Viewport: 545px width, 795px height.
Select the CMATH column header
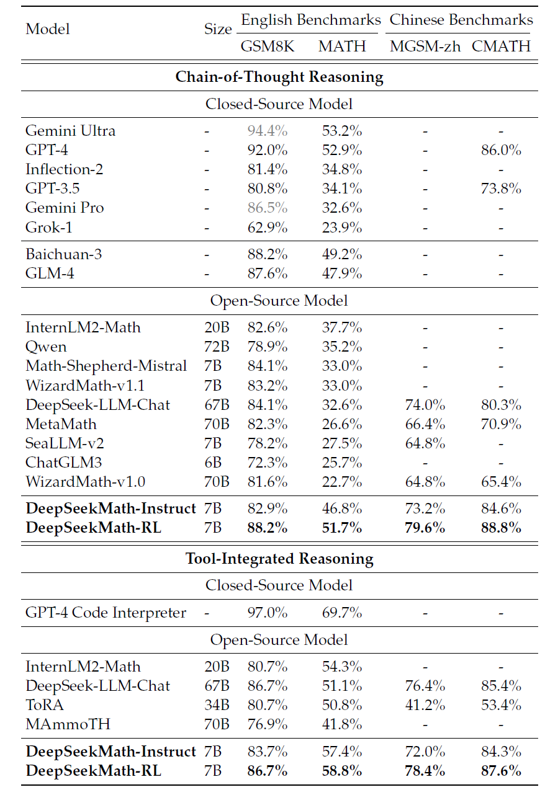501,47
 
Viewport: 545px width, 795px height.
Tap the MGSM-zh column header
425,47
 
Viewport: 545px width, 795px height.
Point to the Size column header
218,29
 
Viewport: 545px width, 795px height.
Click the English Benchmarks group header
310,20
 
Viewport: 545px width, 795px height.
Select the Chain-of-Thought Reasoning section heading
279,77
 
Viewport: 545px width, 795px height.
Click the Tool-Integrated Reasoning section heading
279,559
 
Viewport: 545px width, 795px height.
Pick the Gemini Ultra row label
70,131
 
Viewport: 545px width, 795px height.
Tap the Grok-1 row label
49,227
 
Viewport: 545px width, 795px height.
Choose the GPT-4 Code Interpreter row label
106,613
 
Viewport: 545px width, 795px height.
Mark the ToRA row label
44,705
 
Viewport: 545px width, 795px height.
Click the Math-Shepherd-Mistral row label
106,366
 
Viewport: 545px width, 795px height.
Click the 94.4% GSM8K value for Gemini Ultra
268,131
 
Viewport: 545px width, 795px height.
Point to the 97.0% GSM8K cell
268,613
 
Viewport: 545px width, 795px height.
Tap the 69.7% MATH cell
342,613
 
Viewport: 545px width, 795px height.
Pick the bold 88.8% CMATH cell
501,528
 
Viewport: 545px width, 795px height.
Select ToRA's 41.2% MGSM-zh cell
425,705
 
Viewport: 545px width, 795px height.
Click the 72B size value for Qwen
217,347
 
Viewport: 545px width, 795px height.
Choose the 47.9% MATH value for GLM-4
342,273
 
